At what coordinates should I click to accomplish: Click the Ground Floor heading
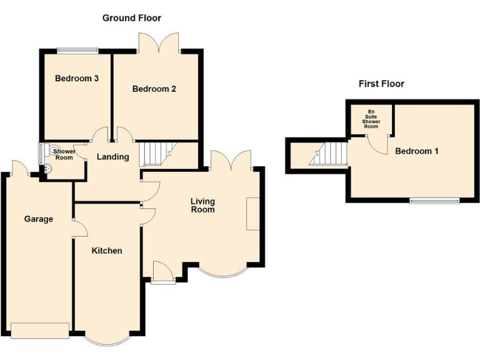[131, 18]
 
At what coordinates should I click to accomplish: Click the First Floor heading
[381, 84]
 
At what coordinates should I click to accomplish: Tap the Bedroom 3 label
[77, 79]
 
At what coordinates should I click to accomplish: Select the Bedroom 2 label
[154, 89]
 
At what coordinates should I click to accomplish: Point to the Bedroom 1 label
[416, 151]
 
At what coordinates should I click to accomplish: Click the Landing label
[112, 157]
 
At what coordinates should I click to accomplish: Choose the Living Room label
[202, 205]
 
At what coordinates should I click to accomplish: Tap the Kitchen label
[107, 251]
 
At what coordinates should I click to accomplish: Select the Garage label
[39, 219]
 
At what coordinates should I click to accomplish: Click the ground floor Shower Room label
[64, 154]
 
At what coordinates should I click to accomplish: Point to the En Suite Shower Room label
[371, 119]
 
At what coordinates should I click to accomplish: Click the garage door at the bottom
[39, 330]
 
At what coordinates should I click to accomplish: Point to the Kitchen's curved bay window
[107, 339]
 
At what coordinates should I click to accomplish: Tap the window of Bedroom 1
[434, 201]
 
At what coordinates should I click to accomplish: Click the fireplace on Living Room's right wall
[253, 214]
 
